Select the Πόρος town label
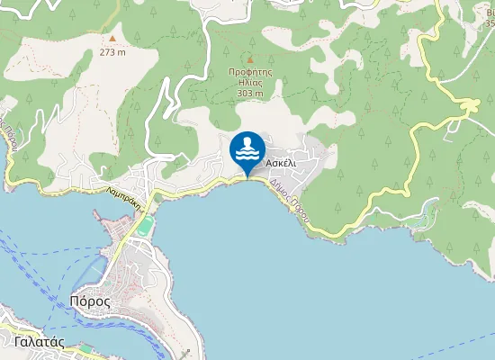tap(90, 301)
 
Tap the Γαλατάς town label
tap(40, 342)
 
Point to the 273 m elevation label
tap(112, 51)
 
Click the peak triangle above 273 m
tap(112, 39)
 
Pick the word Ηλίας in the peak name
tap(250, 83)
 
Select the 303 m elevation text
tap(250, 93)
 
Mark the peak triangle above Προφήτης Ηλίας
tap(250, 60)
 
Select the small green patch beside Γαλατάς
tap(85, 347)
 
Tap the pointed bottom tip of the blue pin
tap(247, 176)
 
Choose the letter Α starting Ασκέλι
tap(270, 162)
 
